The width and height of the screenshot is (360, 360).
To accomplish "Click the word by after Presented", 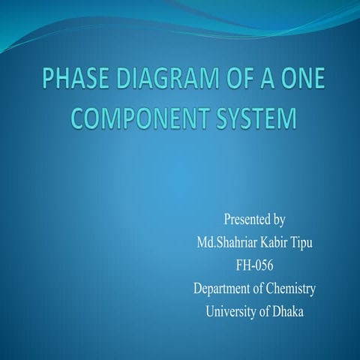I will (278, 220).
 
